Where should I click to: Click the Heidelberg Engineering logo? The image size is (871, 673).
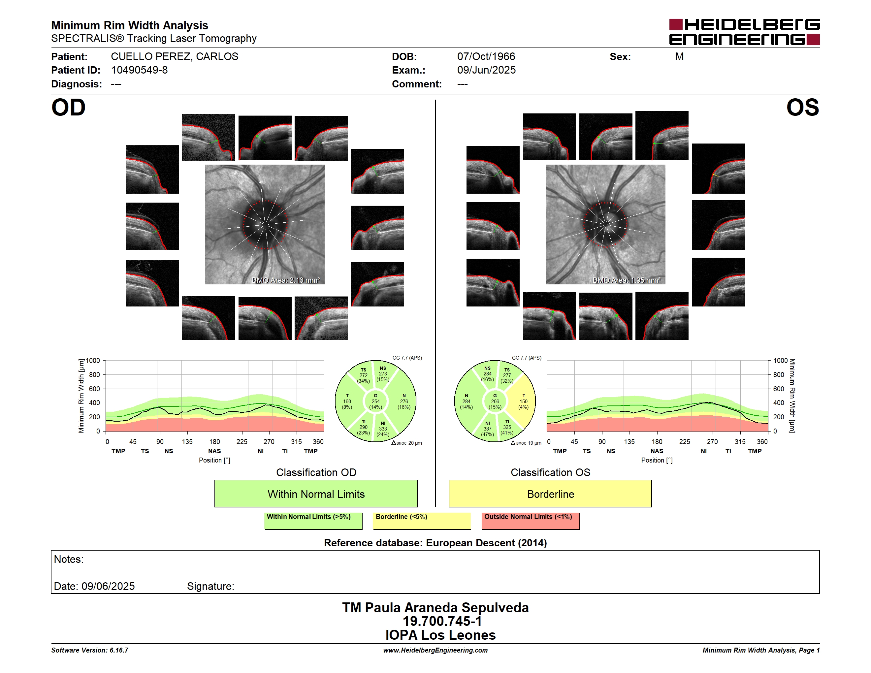[744, 32]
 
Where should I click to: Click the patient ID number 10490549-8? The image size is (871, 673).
[139, 70]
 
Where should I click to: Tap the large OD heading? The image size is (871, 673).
[68, 108]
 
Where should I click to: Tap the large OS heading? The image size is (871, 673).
[802, 108]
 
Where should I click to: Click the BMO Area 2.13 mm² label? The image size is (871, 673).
[285, 280]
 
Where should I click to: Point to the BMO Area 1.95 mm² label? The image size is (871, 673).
[627, 280]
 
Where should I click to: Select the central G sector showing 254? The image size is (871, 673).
[375, 401]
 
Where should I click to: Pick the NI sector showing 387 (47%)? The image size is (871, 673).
[487, 429]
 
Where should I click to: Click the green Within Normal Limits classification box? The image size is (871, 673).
[316, 494]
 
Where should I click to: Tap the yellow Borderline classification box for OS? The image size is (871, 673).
[550, 494]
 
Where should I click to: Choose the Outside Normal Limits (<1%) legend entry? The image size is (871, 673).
[531, 521]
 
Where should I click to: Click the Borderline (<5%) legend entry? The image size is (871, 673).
[422, 521]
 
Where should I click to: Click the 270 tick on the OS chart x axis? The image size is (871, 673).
[712, 442]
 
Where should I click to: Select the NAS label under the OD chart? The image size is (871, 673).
[214, 451]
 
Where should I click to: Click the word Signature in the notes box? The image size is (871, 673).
[210, 586]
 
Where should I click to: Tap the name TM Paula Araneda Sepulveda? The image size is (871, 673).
[435, 608]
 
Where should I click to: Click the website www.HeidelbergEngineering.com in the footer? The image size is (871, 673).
[435, 650]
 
